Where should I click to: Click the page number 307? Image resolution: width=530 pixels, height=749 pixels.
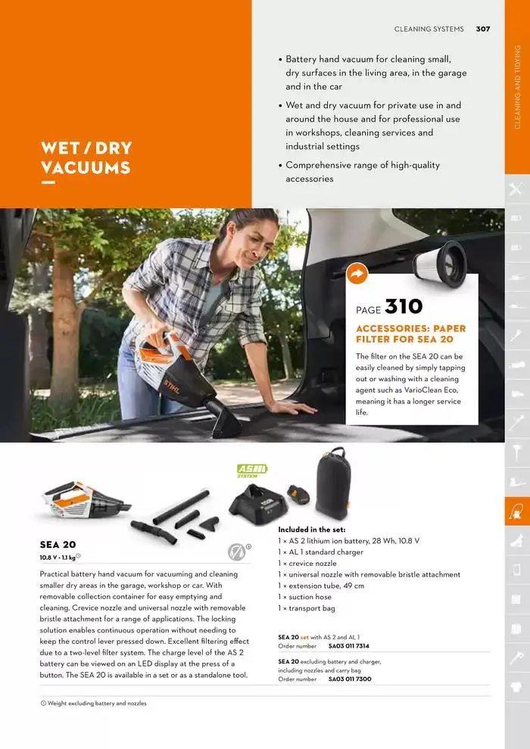483,30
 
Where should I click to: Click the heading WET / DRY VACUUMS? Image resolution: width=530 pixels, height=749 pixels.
86,157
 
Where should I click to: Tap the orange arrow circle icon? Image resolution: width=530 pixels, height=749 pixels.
357,274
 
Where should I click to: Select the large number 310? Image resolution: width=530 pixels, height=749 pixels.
404,306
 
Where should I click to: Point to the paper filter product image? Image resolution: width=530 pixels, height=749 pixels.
440,261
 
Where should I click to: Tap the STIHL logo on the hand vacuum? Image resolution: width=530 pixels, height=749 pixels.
172,387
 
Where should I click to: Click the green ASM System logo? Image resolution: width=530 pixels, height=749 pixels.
252,471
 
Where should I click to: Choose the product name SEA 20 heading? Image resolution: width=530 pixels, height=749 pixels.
58,545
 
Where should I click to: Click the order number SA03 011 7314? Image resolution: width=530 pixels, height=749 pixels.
348,646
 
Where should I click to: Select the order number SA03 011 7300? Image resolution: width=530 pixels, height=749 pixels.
349,679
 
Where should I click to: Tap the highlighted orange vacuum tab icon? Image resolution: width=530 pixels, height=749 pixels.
517,511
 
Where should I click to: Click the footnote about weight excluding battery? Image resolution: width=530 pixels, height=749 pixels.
94,703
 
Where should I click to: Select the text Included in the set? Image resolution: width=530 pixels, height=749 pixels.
312,530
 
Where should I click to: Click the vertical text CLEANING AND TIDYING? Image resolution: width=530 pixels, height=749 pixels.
517,87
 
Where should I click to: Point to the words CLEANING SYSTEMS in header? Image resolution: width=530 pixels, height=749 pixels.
429,30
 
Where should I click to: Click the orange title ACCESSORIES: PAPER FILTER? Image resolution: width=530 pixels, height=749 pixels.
411,334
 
